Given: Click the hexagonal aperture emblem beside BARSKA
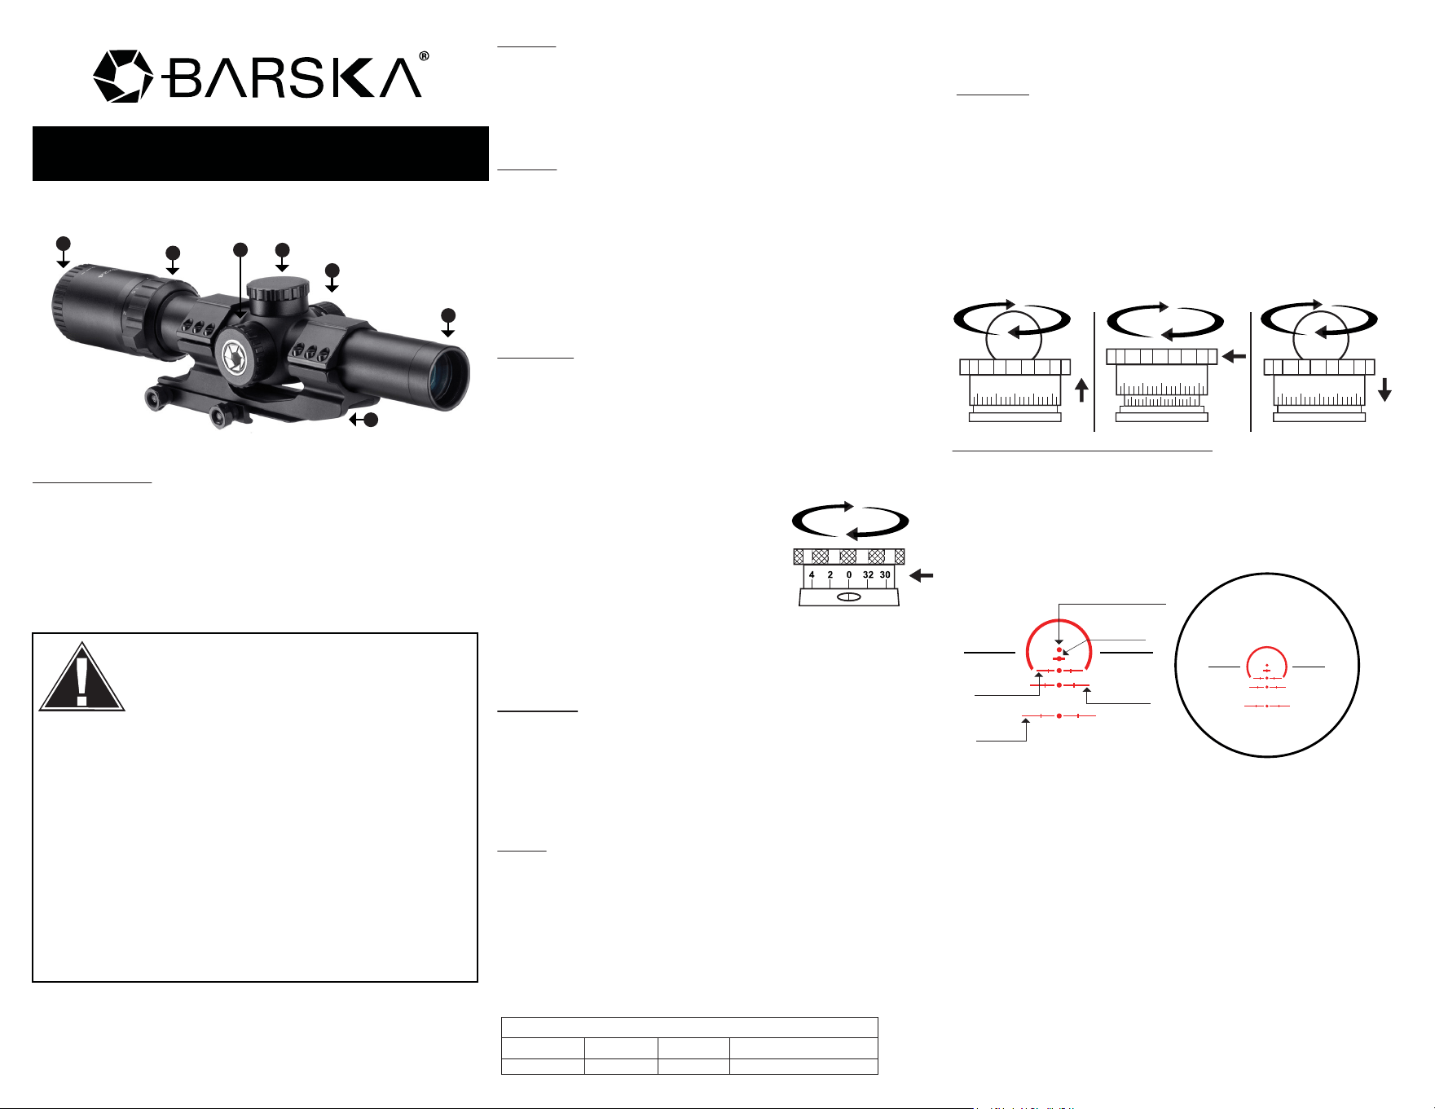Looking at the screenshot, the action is pyautogui.click(x=123, y=77).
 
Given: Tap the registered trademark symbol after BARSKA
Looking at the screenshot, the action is pyautogui.click(x=424, y=57).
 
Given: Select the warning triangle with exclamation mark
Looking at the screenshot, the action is pyautogui.click(x=81, y=677).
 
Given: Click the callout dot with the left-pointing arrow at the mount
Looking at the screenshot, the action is pyautogui.click(x=371, y=420).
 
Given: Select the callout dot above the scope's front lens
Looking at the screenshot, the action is pyautogui.click(x=447, y=315).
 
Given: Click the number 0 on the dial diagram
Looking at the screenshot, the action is pyautogui.click(x=849, y=574).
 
